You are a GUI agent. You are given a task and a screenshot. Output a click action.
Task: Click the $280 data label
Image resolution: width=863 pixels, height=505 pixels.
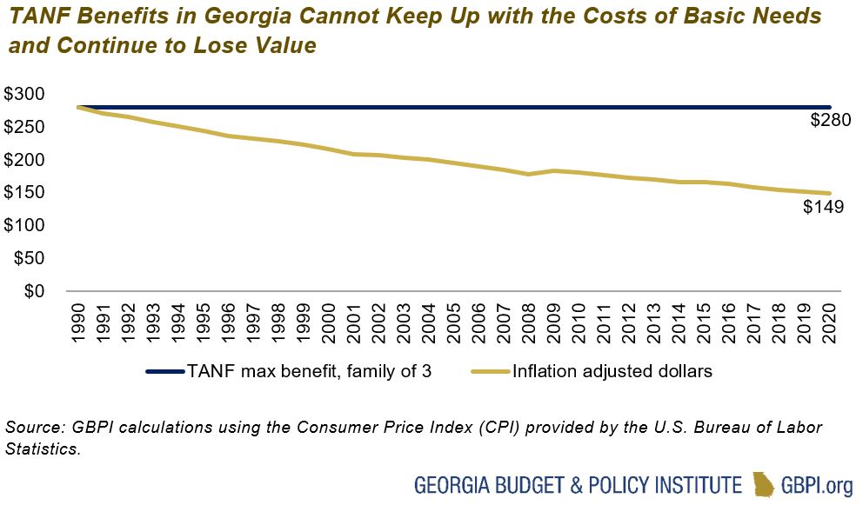coord(830,121)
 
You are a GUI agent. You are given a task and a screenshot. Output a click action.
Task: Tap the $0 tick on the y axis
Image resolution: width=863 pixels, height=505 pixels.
coord(34,291)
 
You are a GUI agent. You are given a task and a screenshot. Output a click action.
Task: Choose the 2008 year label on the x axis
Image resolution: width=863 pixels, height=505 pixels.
coord(528,322)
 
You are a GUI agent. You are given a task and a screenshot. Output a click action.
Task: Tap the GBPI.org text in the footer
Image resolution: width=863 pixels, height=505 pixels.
coord(817,483)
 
